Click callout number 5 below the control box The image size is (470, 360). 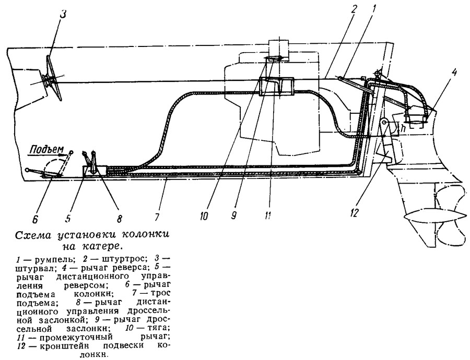(67, 212)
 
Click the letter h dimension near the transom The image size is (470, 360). (403, 127)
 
